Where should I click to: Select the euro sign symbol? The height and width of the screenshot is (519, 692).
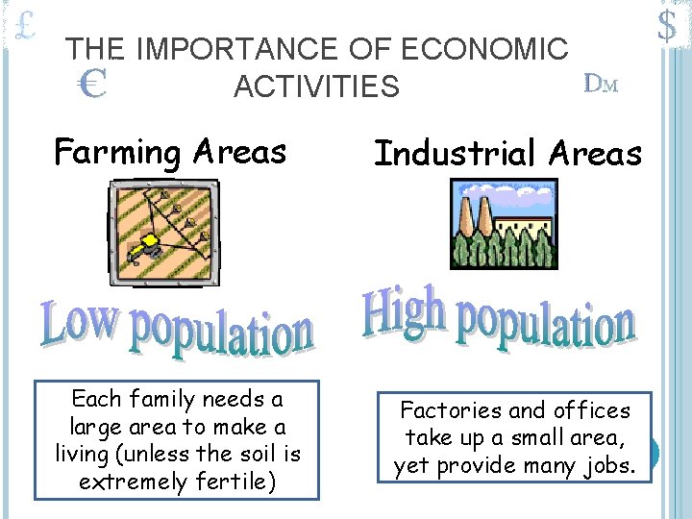click(91, 87)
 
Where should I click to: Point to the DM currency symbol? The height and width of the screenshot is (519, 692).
click(601, 84)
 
